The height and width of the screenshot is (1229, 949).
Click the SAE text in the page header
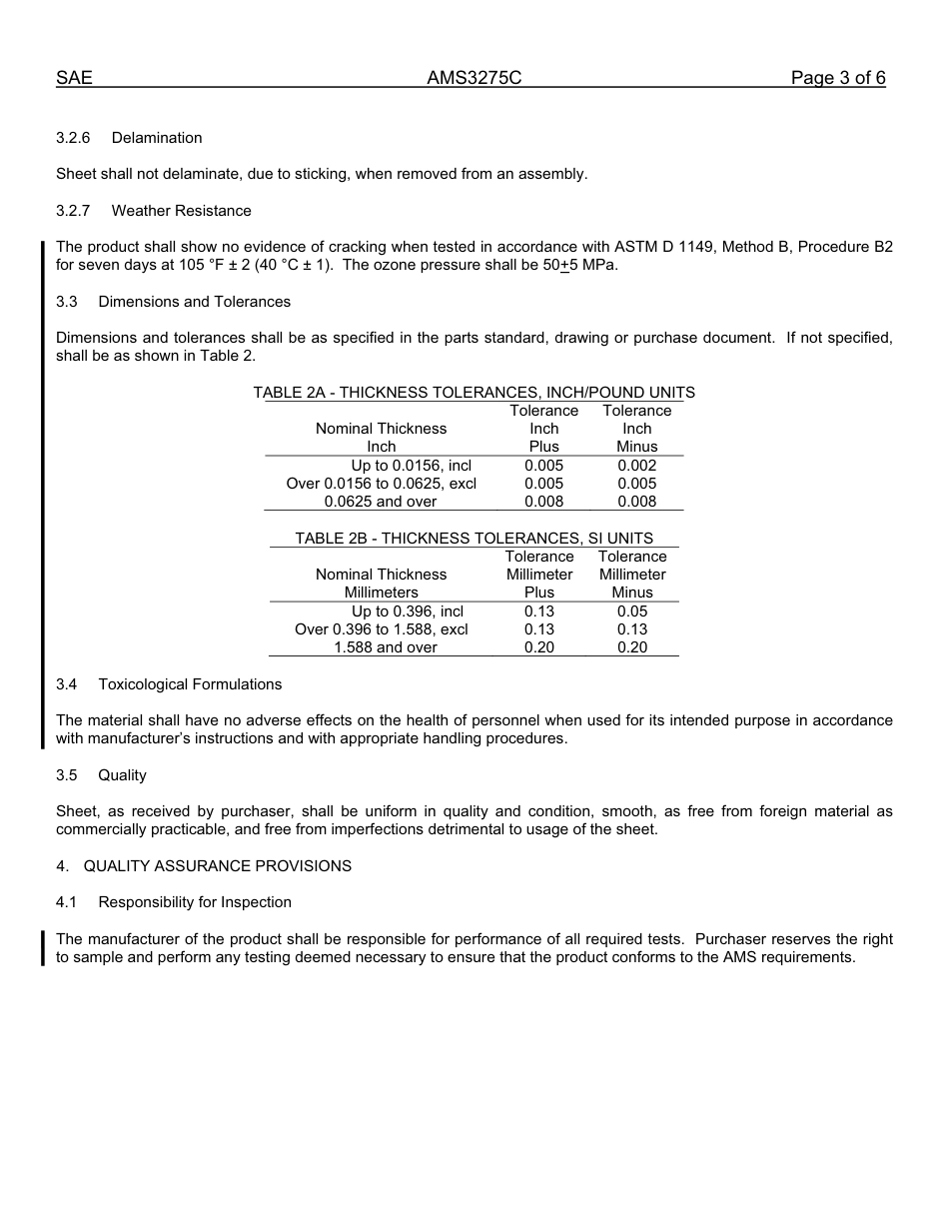point(74,78)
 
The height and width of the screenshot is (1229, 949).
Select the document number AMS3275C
point(474,78)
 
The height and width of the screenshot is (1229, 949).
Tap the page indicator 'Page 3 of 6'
point(837,78)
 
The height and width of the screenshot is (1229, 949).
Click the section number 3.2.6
point(73,138)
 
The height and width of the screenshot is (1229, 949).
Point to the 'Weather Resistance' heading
point(181,211)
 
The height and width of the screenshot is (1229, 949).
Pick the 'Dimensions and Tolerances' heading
point(194,302)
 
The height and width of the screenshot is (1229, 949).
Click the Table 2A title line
point(474,393)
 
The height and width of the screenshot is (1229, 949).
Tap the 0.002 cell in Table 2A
point(636,466)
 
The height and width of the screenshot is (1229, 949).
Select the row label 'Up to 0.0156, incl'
point(411,466)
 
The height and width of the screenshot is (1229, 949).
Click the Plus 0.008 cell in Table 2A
point(543,502)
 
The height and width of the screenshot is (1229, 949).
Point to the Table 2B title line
point(474,539)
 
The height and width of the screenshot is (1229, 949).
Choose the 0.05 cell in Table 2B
point(631,612)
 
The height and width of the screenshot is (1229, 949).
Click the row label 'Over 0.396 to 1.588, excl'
point(381,629)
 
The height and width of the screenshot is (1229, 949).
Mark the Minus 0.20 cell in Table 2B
point(631,647)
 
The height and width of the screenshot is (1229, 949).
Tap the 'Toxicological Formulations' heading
point(190,684)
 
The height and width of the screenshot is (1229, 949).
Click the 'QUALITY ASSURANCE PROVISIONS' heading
point(217,866)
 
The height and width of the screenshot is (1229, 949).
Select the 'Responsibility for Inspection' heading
point(195,902)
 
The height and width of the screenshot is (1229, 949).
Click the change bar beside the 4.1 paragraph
point(43,948)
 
